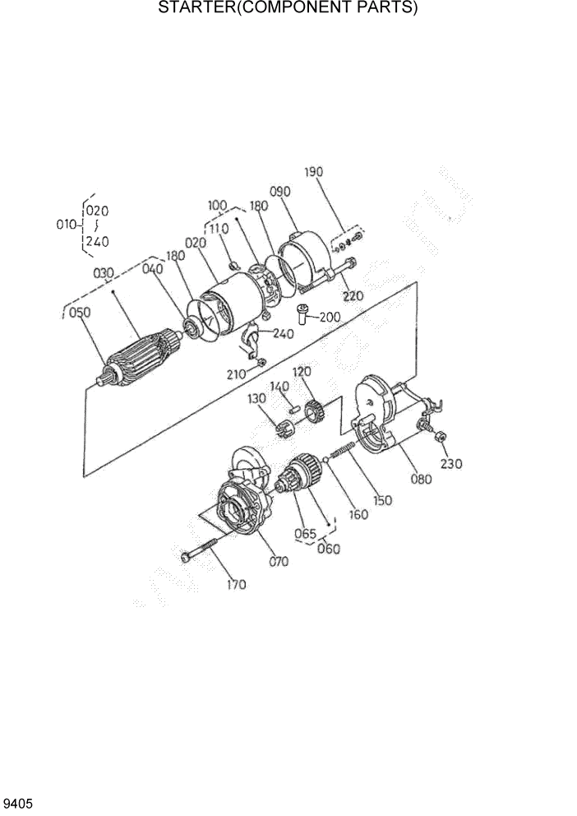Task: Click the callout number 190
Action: coord(314,172)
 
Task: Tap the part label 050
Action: coord(80,312)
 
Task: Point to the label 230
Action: coord(451,464)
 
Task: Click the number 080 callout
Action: coord(420,480)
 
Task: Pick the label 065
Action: coord(305,533)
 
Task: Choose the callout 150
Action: coord(382,499)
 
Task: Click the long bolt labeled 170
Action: coord(205,549)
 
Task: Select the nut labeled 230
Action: coord(439,437)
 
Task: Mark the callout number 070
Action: coord(279,563)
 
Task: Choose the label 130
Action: coord(257,399)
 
